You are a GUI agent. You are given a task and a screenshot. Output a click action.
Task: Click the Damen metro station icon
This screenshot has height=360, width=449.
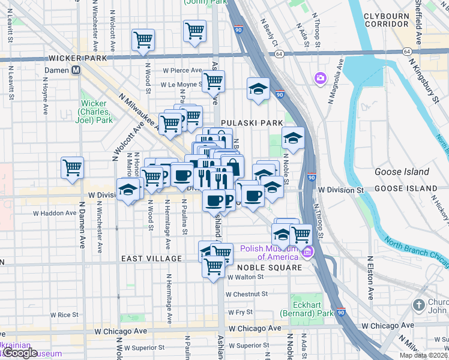pos(76,70)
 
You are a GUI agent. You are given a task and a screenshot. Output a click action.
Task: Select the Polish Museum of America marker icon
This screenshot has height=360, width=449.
pos(308,251)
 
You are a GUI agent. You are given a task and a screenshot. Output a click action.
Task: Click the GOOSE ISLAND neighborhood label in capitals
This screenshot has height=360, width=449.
pos(406,188)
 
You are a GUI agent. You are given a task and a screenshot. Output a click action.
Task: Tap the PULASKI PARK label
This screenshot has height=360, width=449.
pos(252,122)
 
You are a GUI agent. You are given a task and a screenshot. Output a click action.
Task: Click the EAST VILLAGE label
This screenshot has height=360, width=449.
pos(151,259)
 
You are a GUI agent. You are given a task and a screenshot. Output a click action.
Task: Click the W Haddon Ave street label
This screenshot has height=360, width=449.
pos(55,213)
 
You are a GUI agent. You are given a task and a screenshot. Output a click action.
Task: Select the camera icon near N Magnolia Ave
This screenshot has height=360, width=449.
pos(320,78)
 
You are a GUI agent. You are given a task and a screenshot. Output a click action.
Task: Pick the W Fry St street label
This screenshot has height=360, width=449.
pos(240,312)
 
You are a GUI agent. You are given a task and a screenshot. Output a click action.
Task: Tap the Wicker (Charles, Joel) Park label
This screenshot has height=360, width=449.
pos(97,111)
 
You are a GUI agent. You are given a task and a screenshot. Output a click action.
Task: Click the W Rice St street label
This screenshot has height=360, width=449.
pos(64,314)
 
